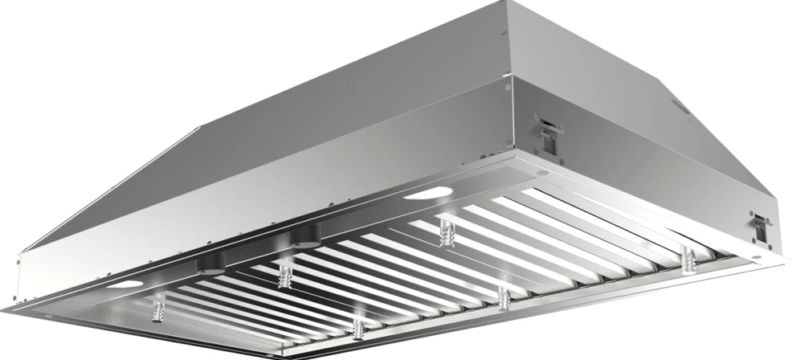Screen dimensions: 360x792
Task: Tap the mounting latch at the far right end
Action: point(759,227)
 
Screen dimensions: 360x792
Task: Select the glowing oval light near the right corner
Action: point(428,193)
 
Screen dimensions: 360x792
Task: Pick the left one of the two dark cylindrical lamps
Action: point(211,264)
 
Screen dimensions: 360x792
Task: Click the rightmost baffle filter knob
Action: point(687,260)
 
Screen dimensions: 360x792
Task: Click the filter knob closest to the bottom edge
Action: point(358,328)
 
